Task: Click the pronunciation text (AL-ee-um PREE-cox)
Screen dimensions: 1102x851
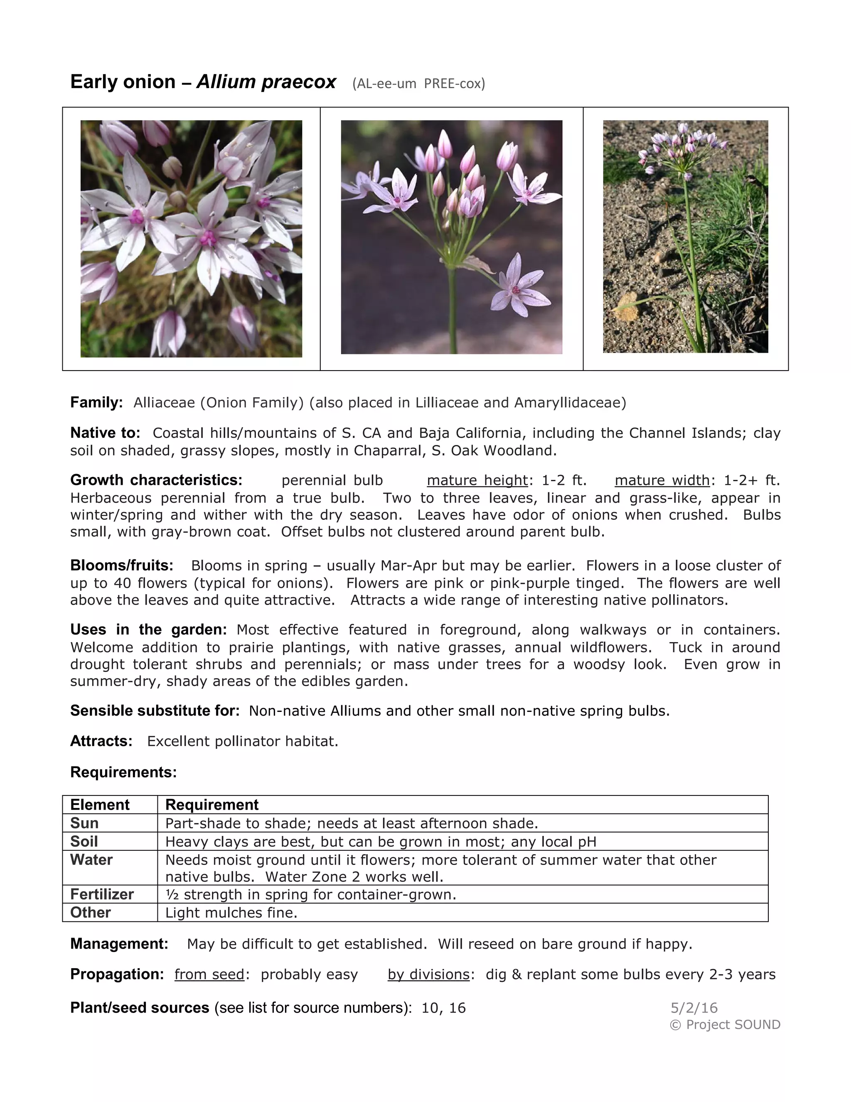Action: point(418,84)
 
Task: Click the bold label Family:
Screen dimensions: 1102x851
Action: point(96,403)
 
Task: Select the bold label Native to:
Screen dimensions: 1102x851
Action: point(105,433)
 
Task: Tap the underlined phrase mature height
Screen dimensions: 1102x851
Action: point(477,480)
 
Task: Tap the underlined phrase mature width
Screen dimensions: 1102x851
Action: point(662,480)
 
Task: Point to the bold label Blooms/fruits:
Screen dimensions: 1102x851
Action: point(121,565)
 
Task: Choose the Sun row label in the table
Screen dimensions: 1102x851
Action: point(84,823)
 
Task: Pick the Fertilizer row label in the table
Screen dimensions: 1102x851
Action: point(102,894)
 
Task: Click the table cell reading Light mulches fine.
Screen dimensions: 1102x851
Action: point(231,912)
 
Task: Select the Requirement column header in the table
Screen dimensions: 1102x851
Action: point(212,804)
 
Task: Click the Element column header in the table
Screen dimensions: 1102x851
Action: point(100,804)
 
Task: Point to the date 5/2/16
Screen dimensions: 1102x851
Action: point(694,1008)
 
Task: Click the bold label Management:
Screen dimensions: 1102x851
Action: point(119,944)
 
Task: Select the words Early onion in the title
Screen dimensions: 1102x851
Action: point(123,82)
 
